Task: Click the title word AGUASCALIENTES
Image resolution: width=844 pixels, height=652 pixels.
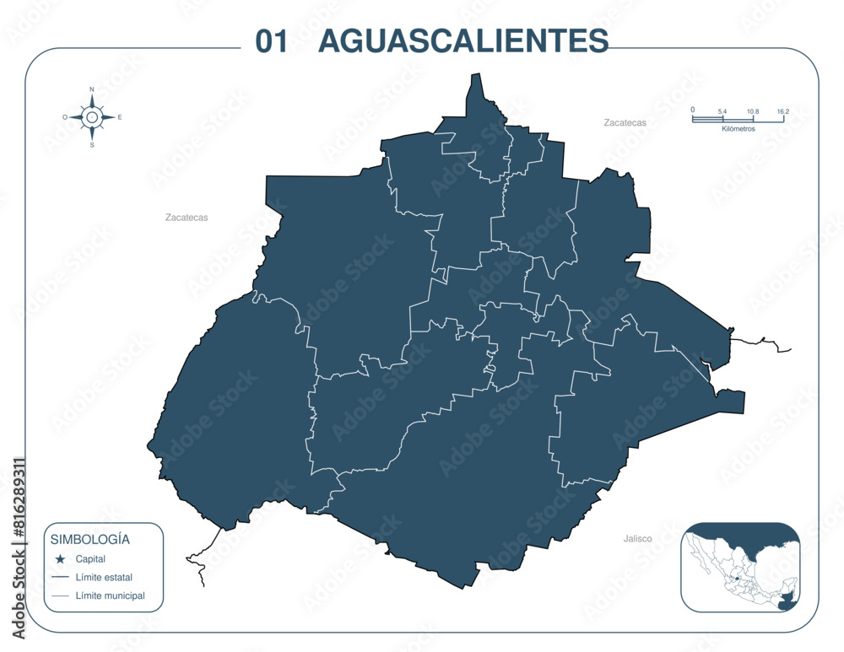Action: click(x=463, y=40)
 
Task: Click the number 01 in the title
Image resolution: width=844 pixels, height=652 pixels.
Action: click(x=272, y=40)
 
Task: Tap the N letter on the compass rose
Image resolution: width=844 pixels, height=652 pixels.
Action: click(x=92, y=89)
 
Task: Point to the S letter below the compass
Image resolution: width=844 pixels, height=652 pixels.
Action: click(x=92, y=145)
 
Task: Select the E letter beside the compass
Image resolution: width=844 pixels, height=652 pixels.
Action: click(x=120, y=117)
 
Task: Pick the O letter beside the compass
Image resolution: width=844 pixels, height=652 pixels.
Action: click(x=65, y=117)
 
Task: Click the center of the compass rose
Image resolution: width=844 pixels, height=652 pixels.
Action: click(x=92, y=117)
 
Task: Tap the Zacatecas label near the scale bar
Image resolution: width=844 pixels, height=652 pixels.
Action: click(x=625, y=122)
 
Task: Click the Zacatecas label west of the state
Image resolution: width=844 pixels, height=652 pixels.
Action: click(x=187, y=217)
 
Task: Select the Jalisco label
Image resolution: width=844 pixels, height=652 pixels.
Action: click(x=637, y=538)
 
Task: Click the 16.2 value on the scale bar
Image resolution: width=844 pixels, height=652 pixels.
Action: click(x=783, y=111)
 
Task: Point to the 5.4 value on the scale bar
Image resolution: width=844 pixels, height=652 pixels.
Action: click(x=722, y=111)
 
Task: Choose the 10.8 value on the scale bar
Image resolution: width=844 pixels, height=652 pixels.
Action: click(x=753, y=111)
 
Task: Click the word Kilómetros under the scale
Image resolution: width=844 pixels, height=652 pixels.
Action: click(x=738, y=129)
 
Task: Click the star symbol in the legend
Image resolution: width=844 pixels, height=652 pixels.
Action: click(x=60, y=559)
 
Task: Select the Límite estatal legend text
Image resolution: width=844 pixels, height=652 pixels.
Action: click(x=104, y=577)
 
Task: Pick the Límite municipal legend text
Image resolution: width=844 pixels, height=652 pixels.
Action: click(x=110, y=595)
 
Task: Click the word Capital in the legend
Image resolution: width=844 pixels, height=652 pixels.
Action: click(x=90, y=558)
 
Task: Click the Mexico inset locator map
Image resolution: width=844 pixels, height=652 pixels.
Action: click(x=740, y=567)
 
